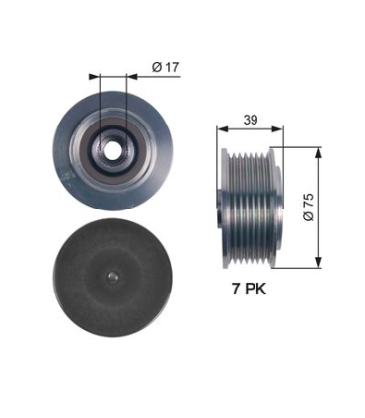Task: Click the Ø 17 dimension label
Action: point(165,67)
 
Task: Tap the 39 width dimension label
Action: point(251,120)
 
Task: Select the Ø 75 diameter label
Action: point(308,207)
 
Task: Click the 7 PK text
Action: point(249,290)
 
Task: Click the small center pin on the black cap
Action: point(112,278)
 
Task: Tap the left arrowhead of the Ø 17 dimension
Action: point(94,77)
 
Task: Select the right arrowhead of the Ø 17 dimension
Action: point(132,77)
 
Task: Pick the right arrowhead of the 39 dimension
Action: point(277,129)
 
